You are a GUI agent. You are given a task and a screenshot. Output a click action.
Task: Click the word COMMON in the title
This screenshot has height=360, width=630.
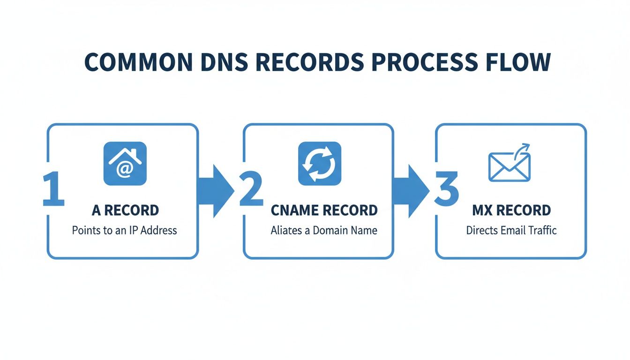(137, 63)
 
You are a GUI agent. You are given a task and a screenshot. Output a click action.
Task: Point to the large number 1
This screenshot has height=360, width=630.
(53, 190)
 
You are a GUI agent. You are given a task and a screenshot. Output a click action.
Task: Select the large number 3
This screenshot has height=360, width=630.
(446, 190)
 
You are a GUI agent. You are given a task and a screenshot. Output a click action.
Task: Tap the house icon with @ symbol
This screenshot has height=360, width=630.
(125, 163)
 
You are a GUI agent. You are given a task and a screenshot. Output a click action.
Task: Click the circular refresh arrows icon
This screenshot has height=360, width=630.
(320, 163)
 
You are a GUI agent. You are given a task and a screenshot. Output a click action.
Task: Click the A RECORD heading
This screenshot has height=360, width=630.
(125, 210)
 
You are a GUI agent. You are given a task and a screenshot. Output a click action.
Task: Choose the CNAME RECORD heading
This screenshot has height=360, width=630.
(324, 210)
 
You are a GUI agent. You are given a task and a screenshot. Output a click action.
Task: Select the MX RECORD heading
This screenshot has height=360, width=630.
(511, 210)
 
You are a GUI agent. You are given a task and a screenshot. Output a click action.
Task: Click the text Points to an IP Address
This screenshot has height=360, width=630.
(125, 230)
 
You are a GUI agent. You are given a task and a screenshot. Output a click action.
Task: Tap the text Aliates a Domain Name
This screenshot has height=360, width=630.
(324, 230)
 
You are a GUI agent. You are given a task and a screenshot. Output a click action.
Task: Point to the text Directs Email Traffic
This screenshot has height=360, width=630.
(511, 230)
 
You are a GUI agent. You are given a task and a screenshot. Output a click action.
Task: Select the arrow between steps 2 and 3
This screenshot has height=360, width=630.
(411, 190)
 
